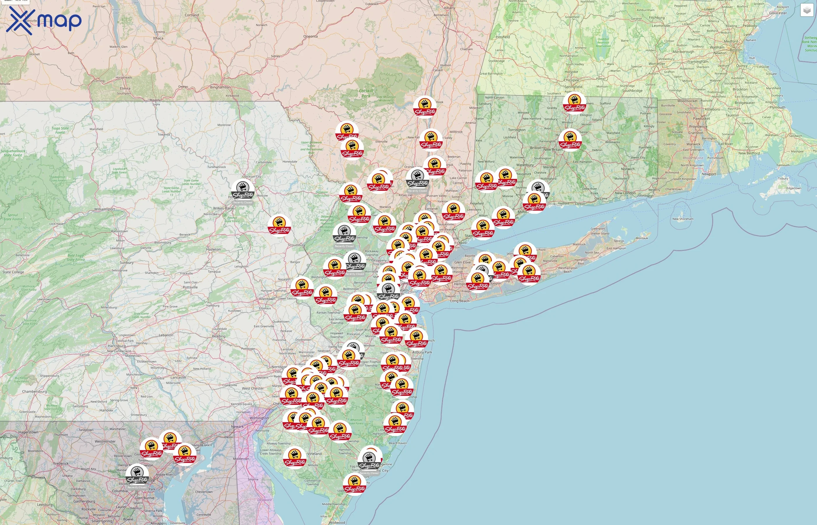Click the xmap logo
click(x=44, y=20)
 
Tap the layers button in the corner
click(x=806, y=10)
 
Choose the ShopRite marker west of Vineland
click(x=295, y=458)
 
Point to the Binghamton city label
click(x=220, y=87)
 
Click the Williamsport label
click(x=105, y=209)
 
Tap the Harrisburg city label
click(x=117, y=346)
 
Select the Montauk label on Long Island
click(x=642, y=238)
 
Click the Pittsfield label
click(x=503, y=37)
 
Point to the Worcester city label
click(x=657, y=64)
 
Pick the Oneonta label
click(x=310, y=36)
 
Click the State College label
click(x=13, y=272)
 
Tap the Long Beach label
click(x=460, y=301)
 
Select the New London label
click(x=625, y=193)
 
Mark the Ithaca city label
click(x=158, y=38)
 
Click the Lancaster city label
click(x=178, y=377)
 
